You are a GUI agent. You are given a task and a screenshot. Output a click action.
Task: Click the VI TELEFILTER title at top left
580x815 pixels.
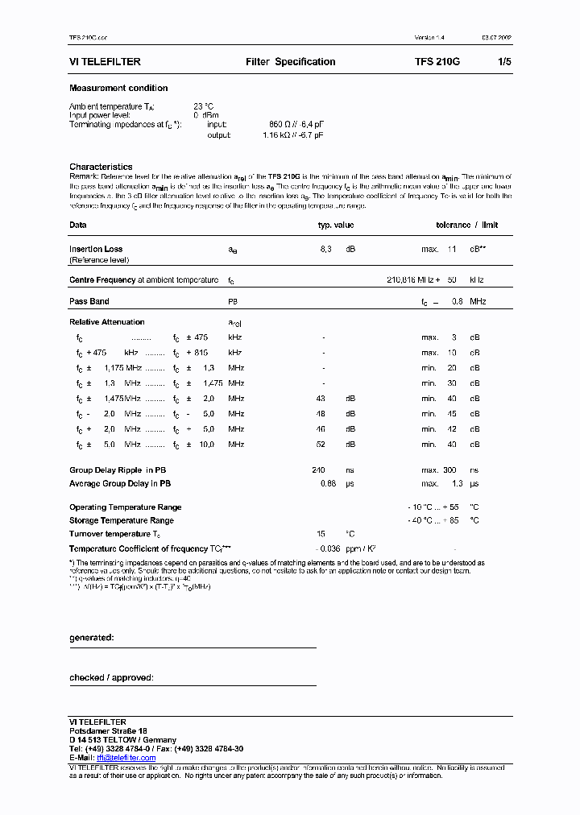tap(106, 62)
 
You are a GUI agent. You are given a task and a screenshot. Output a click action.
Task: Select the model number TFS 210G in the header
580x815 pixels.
tap(437, 62)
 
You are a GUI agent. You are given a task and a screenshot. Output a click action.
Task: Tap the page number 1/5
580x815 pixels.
tap(505, 62)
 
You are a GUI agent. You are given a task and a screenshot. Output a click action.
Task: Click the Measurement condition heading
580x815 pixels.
tap(118, 89)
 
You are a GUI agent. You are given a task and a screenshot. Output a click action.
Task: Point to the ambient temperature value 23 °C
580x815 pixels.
tap(203, 106)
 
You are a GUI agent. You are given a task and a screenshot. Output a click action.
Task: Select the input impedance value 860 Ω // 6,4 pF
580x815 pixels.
tap(296, 125)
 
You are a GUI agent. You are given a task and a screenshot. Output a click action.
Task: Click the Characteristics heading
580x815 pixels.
tap(101, 167)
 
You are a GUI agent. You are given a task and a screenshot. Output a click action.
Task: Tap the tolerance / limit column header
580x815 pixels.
tap(467, 225)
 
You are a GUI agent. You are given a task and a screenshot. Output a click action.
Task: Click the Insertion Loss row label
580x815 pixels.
tap(96, 250)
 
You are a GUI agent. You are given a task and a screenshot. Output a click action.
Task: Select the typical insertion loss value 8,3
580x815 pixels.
tap(325, 250)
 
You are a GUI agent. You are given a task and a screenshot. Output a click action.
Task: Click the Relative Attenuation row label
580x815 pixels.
tap(107, 322)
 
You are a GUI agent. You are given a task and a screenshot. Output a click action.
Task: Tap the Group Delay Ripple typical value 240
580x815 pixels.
tap(320, 470)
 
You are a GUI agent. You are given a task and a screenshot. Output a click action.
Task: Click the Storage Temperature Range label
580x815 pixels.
tap(122, 521)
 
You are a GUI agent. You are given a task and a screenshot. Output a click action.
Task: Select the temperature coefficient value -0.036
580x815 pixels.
tap(329, 548)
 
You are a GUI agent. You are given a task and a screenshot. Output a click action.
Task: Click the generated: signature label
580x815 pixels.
tap(91, 638)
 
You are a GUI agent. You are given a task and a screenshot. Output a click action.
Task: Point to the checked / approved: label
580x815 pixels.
tap(111, 678)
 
